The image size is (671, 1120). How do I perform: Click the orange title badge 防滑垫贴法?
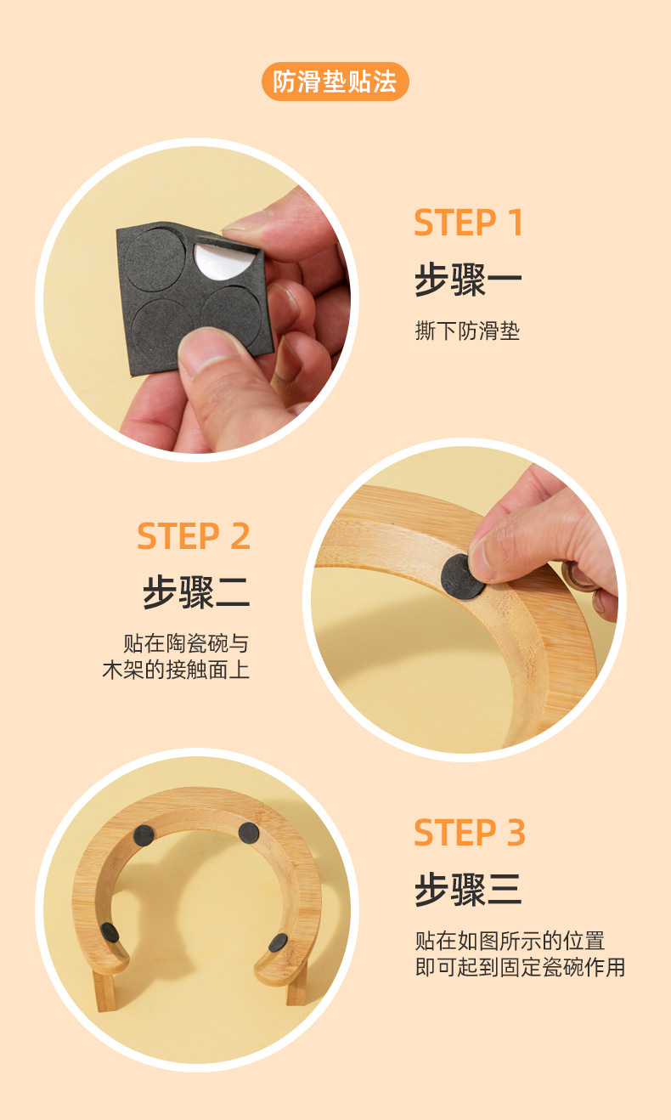[335, 82]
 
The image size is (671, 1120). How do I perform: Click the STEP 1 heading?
[469, 223]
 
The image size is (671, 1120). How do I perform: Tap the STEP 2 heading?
[194, 536]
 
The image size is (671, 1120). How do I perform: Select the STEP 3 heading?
[470, 833]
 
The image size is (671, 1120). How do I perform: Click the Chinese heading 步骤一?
[468, 280]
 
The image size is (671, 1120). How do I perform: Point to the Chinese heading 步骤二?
[195, 592]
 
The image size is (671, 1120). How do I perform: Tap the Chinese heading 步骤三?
[468, 890]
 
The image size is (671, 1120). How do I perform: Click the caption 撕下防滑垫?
[467, 331]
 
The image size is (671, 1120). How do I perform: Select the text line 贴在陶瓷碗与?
[186, 642]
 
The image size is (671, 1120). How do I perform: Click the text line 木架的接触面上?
[176, 670]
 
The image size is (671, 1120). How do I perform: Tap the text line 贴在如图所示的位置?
[510, 941]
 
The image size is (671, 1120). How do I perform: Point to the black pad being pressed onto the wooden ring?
[461, 575]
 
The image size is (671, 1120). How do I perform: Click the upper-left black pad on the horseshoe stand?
[144, 835]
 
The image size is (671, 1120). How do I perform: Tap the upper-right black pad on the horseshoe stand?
[248, 832]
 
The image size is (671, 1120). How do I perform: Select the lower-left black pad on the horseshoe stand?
[110, 932]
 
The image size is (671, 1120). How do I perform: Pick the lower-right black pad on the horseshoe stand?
[278, 942]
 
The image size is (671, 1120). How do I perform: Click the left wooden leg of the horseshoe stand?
[104, 990]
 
